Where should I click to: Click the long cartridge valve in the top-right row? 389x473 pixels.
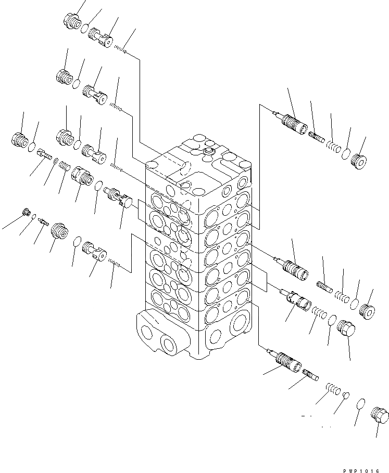click(x=294, y=125)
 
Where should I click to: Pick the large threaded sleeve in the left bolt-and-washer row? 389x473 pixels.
click(x=81, y=175)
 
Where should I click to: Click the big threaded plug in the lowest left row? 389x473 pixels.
click(x=59, y=231)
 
